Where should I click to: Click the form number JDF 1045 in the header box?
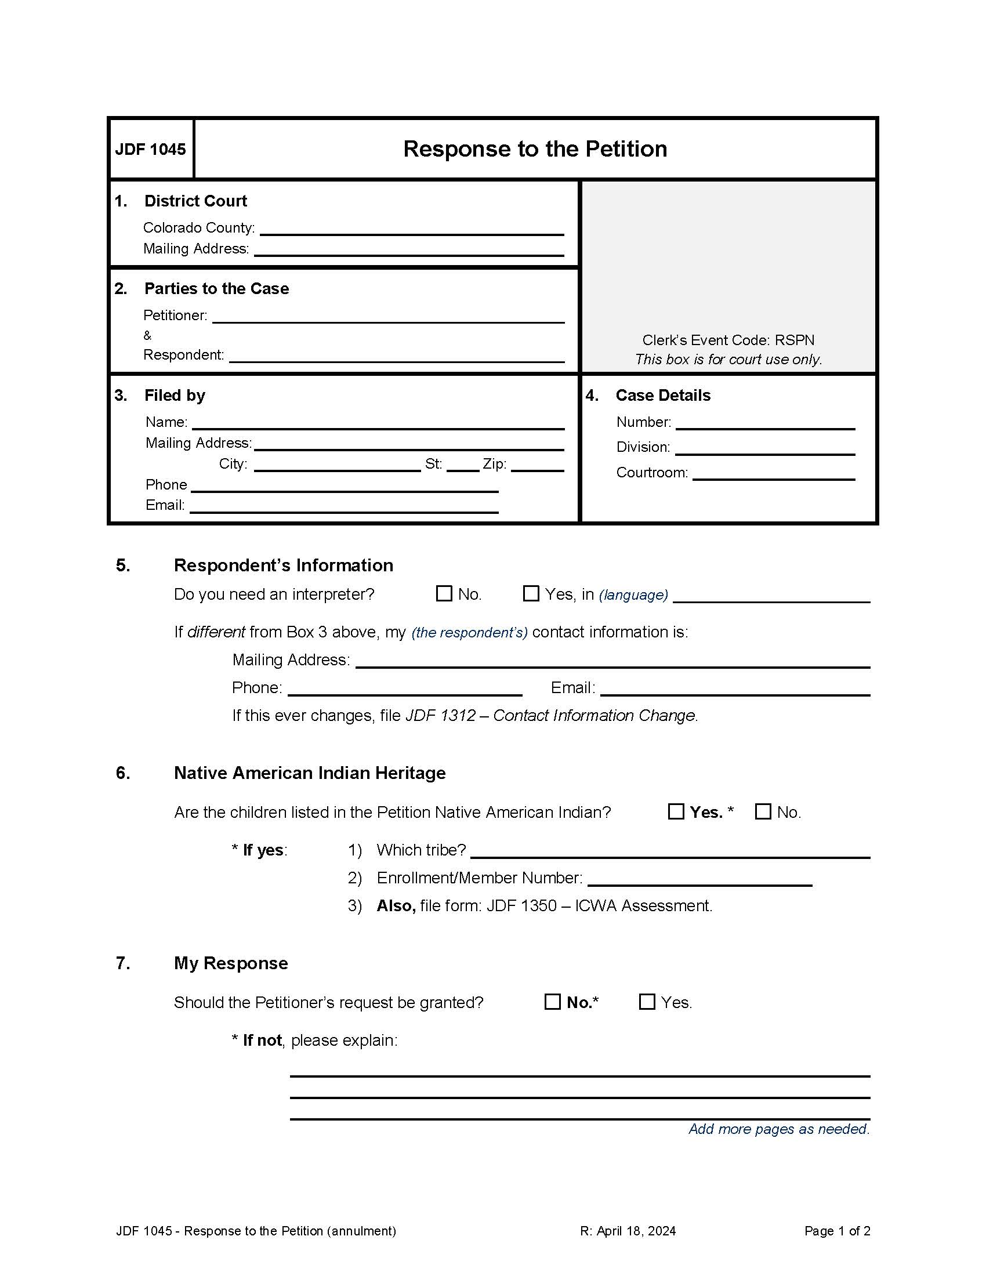[150, 150]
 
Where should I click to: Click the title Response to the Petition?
[535, 149]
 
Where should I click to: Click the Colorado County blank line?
[411, 229]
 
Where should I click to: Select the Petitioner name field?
[388, 316]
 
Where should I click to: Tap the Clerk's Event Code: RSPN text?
[728, 340]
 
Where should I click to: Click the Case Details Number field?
[764, 423]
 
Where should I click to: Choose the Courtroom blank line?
[773, 473]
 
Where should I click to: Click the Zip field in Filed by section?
[537, 465]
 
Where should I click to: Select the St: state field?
[463, 465]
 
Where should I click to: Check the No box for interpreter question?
[444, 593]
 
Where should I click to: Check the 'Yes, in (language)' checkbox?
[530, 593]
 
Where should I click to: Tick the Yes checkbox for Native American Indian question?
[676, 811]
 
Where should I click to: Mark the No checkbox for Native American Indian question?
[763, 811]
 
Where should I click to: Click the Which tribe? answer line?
[669, 851]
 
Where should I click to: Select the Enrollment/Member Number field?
[699, 879]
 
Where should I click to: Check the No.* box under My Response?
[552, 1002]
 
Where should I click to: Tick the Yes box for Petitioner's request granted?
[647, 1002]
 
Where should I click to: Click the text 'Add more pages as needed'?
[778, 1129]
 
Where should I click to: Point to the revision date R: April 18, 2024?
[628, 1231]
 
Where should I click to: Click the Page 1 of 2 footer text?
[836, 1231]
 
